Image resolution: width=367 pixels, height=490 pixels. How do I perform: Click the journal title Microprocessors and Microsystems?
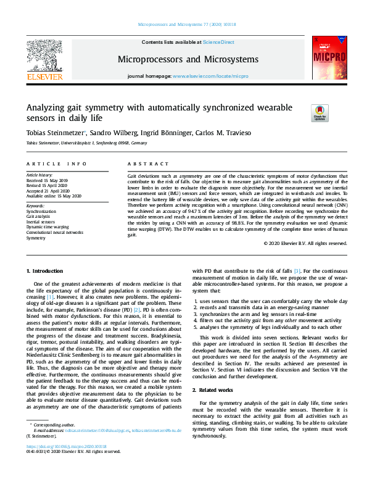188,59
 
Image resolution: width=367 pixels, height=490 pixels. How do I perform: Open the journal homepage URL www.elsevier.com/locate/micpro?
210,75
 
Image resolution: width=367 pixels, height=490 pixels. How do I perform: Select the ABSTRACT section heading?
147,164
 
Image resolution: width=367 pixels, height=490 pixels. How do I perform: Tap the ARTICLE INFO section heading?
56,164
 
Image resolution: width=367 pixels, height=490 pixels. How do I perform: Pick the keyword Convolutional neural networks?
54,232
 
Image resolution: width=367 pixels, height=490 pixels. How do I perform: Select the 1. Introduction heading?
44,272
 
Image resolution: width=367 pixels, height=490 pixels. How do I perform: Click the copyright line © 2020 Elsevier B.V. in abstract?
306,243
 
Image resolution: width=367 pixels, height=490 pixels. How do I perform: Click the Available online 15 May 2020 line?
54,196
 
